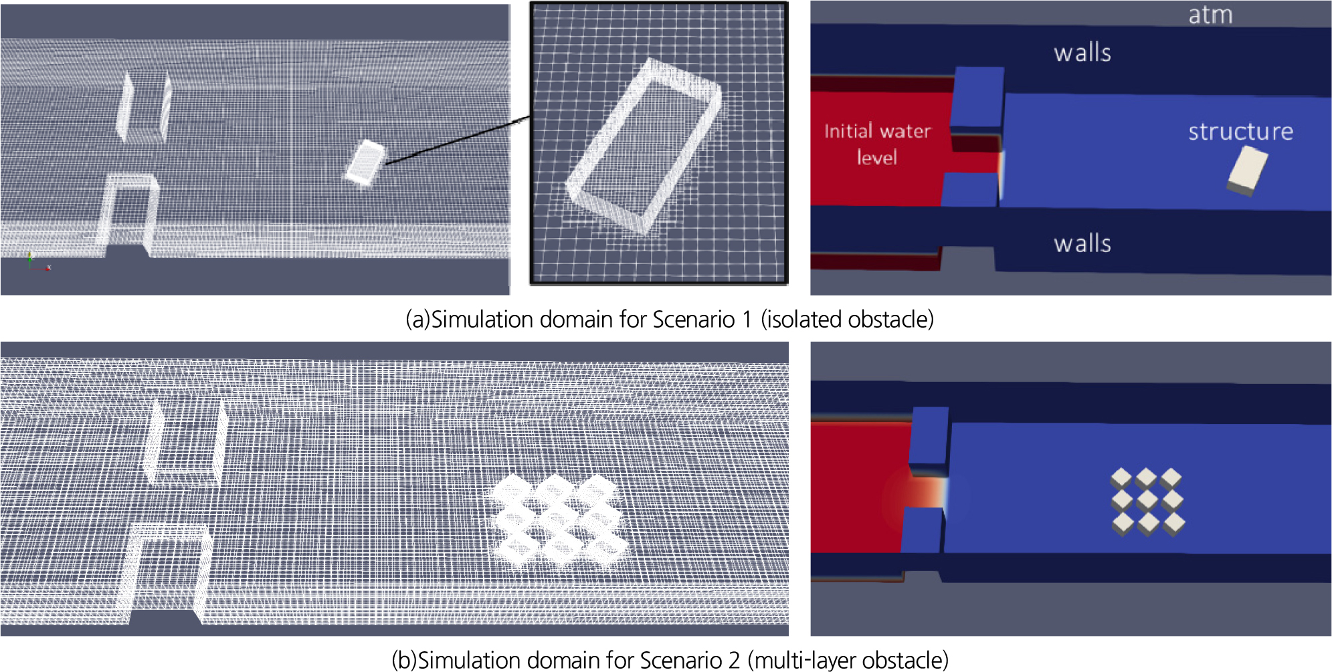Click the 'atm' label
coord(1210,15)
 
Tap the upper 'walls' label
coord(1082,53)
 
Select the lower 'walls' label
coord(1082,243)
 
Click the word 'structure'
coord(1240,131)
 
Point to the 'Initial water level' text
coord(877,144)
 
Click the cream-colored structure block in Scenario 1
coord(1248,171)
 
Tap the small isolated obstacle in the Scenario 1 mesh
coord(365,163)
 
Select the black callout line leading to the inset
coord(458,139)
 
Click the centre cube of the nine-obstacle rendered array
coord(1147,500)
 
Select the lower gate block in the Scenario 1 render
coord(970,189)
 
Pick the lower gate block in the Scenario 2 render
coord(922,530)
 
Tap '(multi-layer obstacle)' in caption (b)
coord(848,660)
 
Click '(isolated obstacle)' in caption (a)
coord(847,320)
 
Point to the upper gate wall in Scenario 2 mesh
coord(185,440)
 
